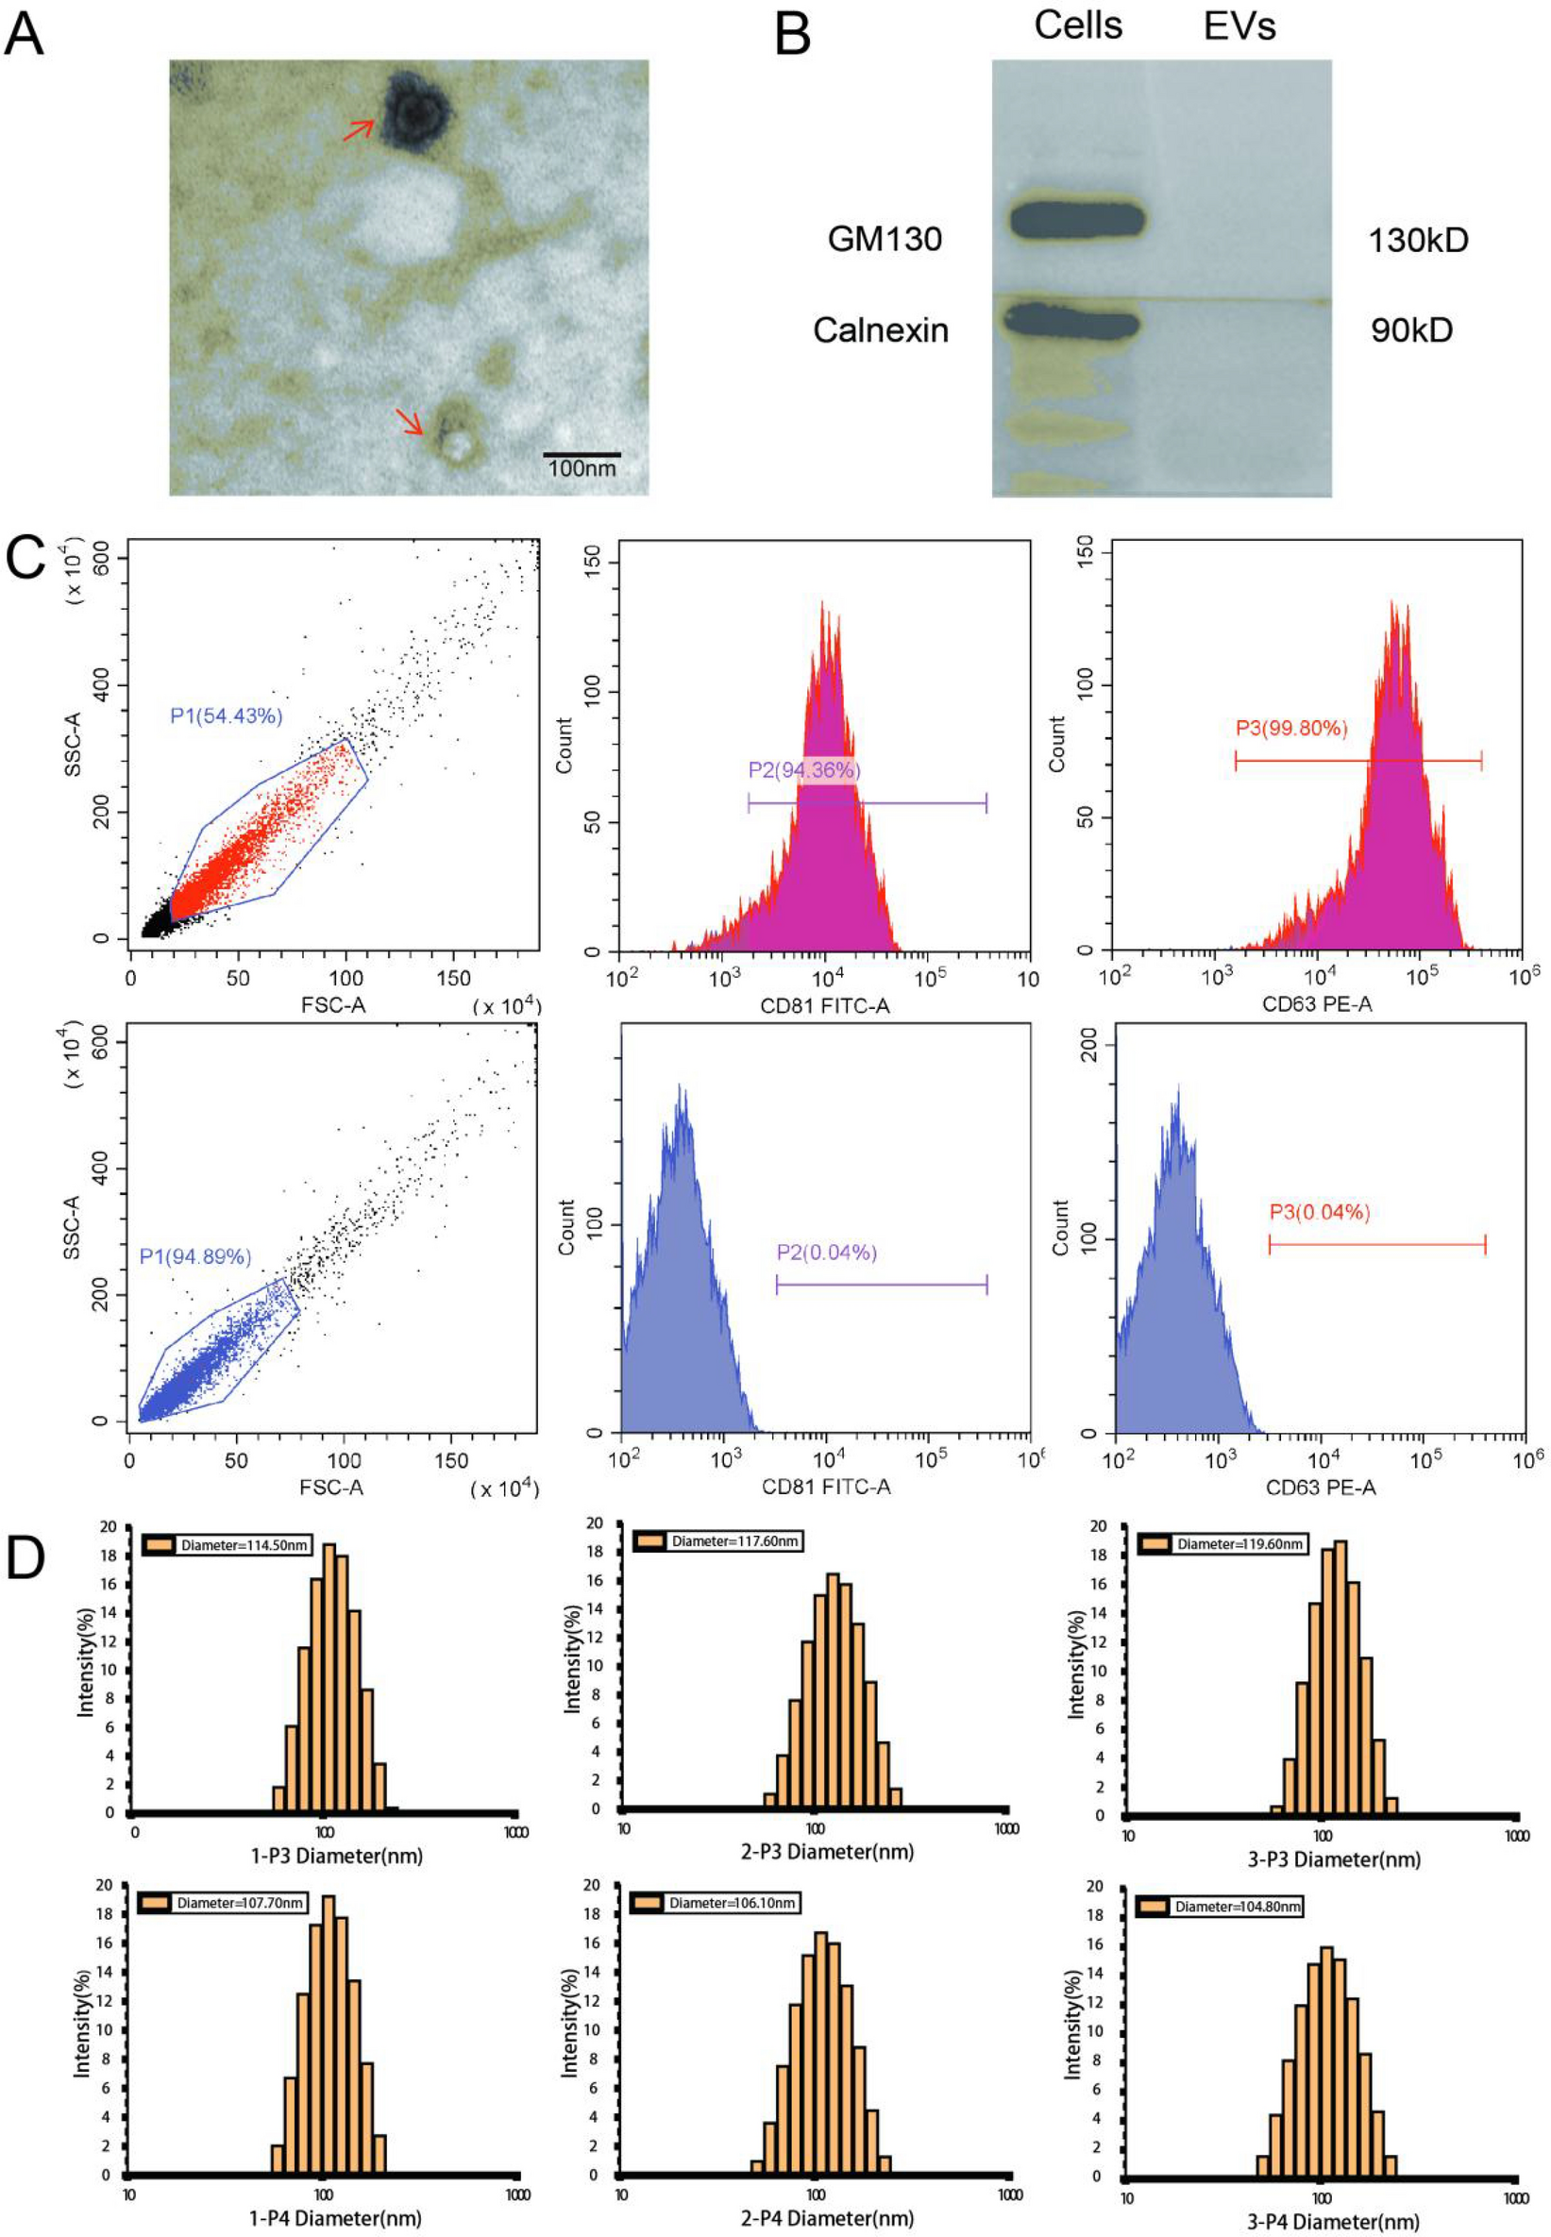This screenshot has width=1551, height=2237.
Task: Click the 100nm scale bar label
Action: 582,468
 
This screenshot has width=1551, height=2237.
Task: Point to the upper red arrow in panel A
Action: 359,129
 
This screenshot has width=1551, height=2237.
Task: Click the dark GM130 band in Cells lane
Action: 1077,220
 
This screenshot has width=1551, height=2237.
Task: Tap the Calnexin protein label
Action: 881,330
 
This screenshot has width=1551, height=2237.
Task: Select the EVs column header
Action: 1239,26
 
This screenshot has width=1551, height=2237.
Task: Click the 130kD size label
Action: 1418,240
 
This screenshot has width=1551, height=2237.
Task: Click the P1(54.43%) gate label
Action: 227,716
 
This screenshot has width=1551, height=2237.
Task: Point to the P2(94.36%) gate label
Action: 803,770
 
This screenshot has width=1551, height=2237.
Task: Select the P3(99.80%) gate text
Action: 1291,728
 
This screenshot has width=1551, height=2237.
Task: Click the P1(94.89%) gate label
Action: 195,1256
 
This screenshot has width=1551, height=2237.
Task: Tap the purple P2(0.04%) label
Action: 827,1253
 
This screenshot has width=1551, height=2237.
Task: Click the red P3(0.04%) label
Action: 1320,1212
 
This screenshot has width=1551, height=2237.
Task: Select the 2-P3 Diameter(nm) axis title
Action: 827,1851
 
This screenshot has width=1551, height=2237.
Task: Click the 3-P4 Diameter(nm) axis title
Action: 1333,2222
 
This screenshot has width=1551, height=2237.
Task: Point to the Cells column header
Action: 1078,26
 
